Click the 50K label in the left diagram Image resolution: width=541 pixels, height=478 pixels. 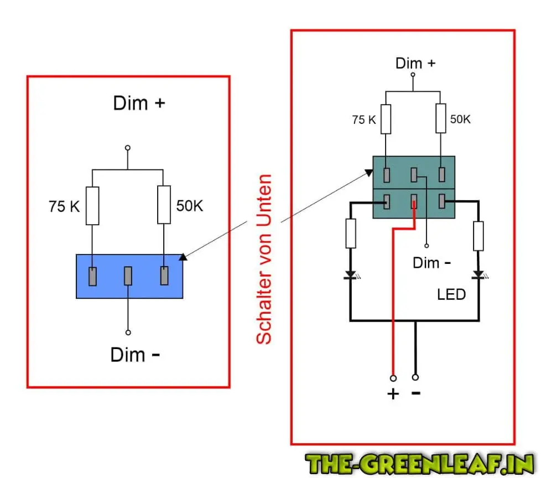(190, 206)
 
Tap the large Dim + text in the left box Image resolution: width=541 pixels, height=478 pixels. (139, 103)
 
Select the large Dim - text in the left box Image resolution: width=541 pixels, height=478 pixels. (136, 355)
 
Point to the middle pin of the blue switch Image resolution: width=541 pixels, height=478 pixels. (128, 276)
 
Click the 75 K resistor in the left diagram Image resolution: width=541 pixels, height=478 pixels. (92, 205)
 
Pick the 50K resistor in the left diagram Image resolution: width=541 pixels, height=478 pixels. (164, 204)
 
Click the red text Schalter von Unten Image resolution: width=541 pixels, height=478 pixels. (265, 259)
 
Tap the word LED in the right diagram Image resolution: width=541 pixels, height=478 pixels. (451, 294)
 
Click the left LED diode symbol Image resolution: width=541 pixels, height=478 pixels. (350, 274)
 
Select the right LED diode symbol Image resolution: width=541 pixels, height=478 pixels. (478, 274)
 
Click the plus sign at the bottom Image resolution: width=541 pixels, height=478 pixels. (393, 394)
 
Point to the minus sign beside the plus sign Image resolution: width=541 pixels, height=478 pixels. (415, 393)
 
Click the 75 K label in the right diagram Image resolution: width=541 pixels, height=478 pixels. (363, 119)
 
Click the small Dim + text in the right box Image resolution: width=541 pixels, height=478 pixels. (415, 63)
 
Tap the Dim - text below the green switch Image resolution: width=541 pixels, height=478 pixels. (431, 262)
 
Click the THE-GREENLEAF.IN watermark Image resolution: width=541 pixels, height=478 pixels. (420, 463)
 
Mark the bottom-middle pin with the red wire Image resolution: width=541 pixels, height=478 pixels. (414, 203)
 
